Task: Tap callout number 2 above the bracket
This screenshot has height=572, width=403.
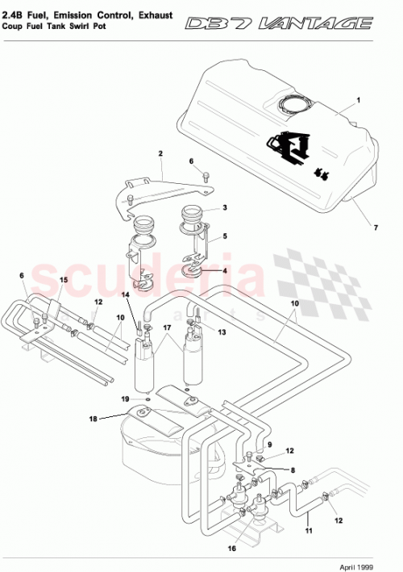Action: (x=160, y=153)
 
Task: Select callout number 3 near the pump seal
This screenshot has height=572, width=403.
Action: (x=225, y=207)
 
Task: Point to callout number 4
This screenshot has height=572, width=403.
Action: (x=225, y=271)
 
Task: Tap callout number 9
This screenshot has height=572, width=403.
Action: (x=270, y=445)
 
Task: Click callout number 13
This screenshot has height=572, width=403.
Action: (x=222, y=332)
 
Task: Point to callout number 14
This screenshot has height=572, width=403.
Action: (x=125, y=295)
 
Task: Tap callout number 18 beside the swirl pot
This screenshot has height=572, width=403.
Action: (x=93, y=419)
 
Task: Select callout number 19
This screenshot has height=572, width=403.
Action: (x=125, y=399)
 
